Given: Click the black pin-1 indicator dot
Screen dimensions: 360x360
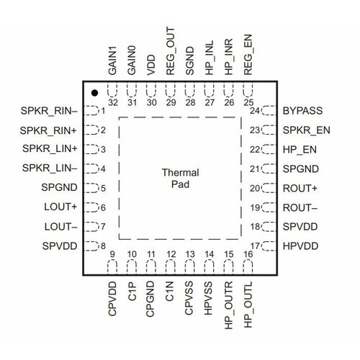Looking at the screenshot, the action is pyautogui.click(x=94, y=93).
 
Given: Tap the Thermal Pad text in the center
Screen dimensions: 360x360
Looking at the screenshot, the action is pyautogui.click(x=180, y=179).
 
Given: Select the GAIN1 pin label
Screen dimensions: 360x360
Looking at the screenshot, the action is pyautogui.click(x=112, y=60).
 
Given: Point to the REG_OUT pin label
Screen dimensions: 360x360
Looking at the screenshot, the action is pyautogui.click(x=171, y=51).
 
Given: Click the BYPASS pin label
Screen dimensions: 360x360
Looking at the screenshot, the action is pyautogui.click(x=302, y=111).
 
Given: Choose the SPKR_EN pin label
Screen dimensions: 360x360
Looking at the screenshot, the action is pyautogui.click(x=307, y=130).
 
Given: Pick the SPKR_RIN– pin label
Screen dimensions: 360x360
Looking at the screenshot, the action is pyautogui.click(x=49, y=111).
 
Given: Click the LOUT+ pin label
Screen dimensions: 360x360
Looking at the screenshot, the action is pyautogui.click(x=60, y=207).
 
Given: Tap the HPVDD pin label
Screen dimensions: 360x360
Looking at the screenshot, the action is pyautogui.click(x=300, y=246).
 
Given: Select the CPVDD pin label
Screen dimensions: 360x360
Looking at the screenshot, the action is pyautogui.click(x=112, y=299).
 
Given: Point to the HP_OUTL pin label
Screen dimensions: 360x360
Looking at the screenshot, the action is pyautogui.click(x=248, y=305).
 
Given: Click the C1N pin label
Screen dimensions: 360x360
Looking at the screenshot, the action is pyautogui.click(x=169, y=291).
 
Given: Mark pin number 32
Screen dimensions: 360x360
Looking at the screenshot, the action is pyautogui.click(x=113, y=102).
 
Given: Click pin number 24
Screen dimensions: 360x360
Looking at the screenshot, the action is pyautogui.click(x=254, y=111).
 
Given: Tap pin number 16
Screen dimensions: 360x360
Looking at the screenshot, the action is pyautogui.click(x=248, y=254).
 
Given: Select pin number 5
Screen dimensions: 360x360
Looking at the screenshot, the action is pyautogui.click(x=103, y=188).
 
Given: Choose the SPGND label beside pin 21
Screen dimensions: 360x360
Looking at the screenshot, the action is pyautogui.click(x=301, y=168).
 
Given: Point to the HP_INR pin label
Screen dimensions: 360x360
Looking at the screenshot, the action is pyautogui.click(x=229, y=57).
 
